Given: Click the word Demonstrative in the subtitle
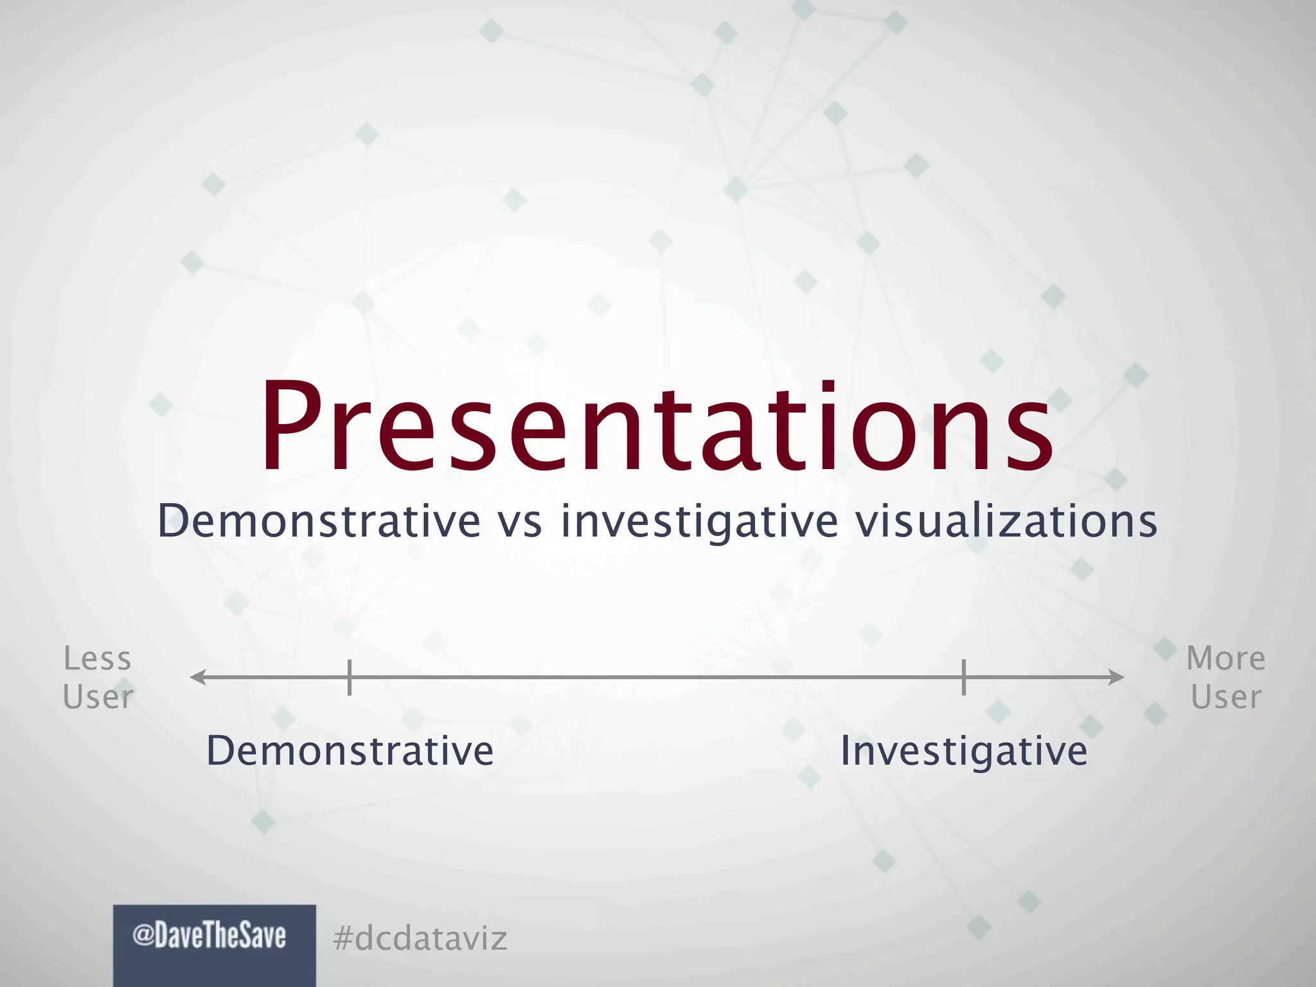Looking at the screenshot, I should coord(319,520).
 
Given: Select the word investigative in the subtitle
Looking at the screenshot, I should coord(700,522).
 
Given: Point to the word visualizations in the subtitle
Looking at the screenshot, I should coord(1006,520).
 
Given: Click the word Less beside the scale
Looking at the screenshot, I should coord(98,659).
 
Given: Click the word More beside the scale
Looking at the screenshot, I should coord(1225,659).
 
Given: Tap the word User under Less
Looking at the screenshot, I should coord(98,697).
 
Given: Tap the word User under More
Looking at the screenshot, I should coord(1225,697).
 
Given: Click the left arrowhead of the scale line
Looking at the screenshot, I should coord(197,677).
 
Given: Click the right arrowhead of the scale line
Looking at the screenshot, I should coord(1117,677).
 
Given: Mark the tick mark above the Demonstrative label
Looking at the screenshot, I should coord(349,677).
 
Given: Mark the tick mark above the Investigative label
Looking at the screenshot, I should coord(964,677).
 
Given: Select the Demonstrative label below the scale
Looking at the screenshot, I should coord(350,751).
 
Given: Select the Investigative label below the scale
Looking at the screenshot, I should coord(964,751).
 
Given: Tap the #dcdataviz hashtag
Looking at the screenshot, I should coord(420,939).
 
